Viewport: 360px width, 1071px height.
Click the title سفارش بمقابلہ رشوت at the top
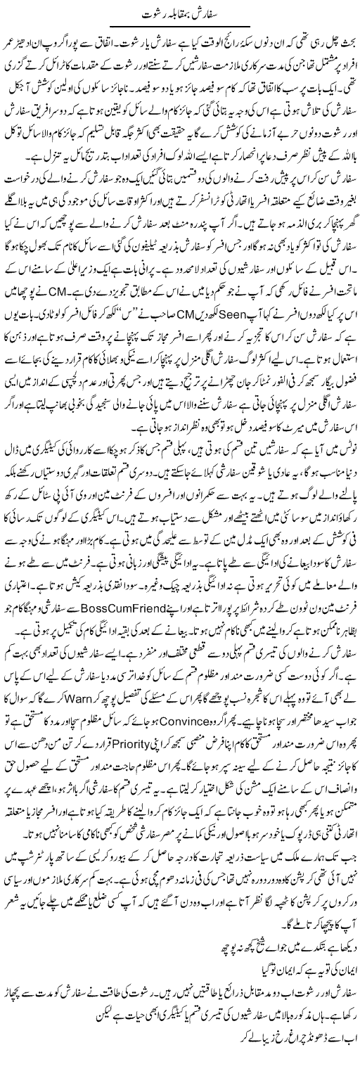pos(179,12)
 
